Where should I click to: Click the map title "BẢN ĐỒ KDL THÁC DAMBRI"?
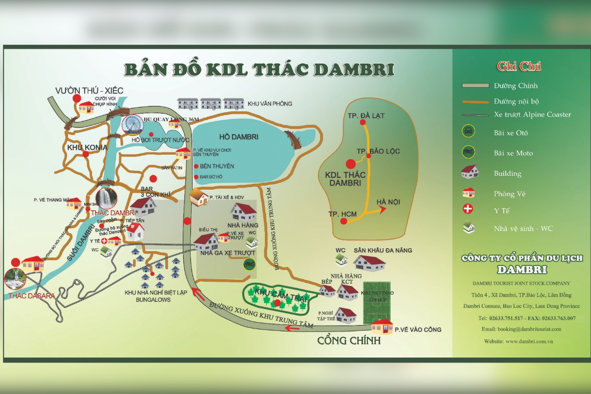coord(259,69)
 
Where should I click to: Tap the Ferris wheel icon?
coord(132,125)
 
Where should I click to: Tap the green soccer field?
coord(376,303)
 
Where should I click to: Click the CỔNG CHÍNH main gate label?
coord(349,340)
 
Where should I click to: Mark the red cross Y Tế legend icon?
coord(468,209)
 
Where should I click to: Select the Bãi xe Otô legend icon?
coord(468,131)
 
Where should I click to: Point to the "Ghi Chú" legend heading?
coord(519,66)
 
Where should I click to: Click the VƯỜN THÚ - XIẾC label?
coord(89,90)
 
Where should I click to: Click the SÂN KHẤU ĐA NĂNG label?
coord(383,250)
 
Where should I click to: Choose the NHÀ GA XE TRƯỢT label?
coord(228,253)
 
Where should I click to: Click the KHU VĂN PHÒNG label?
coord(270,103)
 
